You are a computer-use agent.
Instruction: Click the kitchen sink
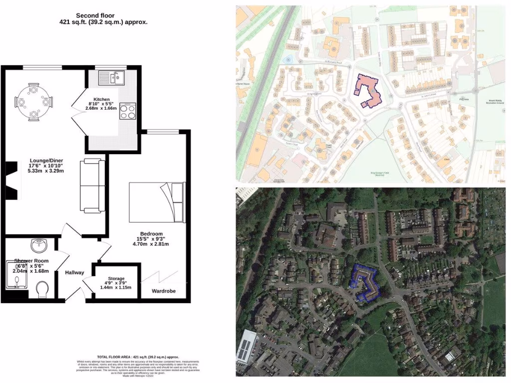tap(111, 78)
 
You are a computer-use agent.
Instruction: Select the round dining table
tap(34, 102)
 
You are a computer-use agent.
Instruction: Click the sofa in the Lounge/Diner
tap(92, 185)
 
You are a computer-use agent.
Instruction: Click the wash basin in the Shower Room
tap(39, 245)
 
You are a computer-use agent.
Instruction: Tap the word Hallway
tap(74, 272)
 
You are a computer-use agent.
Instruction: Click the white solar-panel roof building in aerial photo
tap(247, 346)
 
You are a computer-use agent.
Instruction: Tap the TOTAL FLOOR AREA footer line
tap(138, 357)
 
